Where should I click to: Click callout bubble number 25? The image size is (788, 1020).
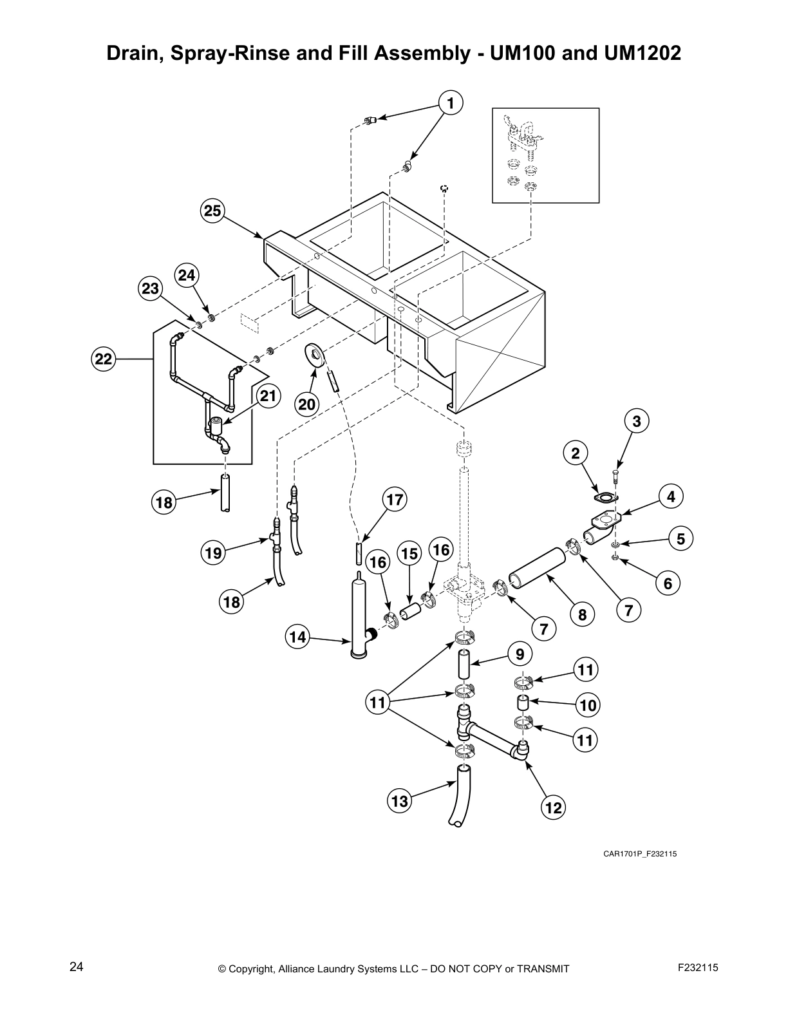pyautogui.click(x=212, y=211)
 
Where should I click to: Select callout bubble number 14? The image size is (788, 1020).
pyautogui.click(x=297, y=637)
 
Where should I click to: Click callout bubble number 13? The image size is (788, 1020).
pyautogui.click(x=400, y=801)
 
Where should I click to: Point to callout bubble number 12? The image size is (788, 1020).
pyautogui.click(x=553, y=807)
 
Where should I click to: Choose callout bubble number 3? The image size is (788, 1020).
pyautogui.click(x=636, y=421)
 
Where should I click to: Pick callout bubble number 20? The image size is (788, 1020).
pyautogui.click(x=307, y=404)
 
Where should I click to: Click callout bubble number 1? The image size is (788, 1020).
pyautogui.click(x=451, y=102)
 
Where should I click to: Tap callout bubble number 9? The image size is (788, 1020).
pyautogui.click(x=520, y=654)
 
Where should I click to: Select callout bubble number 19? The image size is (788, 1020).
pyautogui.click(x=213, y=552)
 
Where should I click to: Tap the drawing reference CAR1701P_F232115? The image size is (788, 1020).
pyautogui.click(x=639, y=854)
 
